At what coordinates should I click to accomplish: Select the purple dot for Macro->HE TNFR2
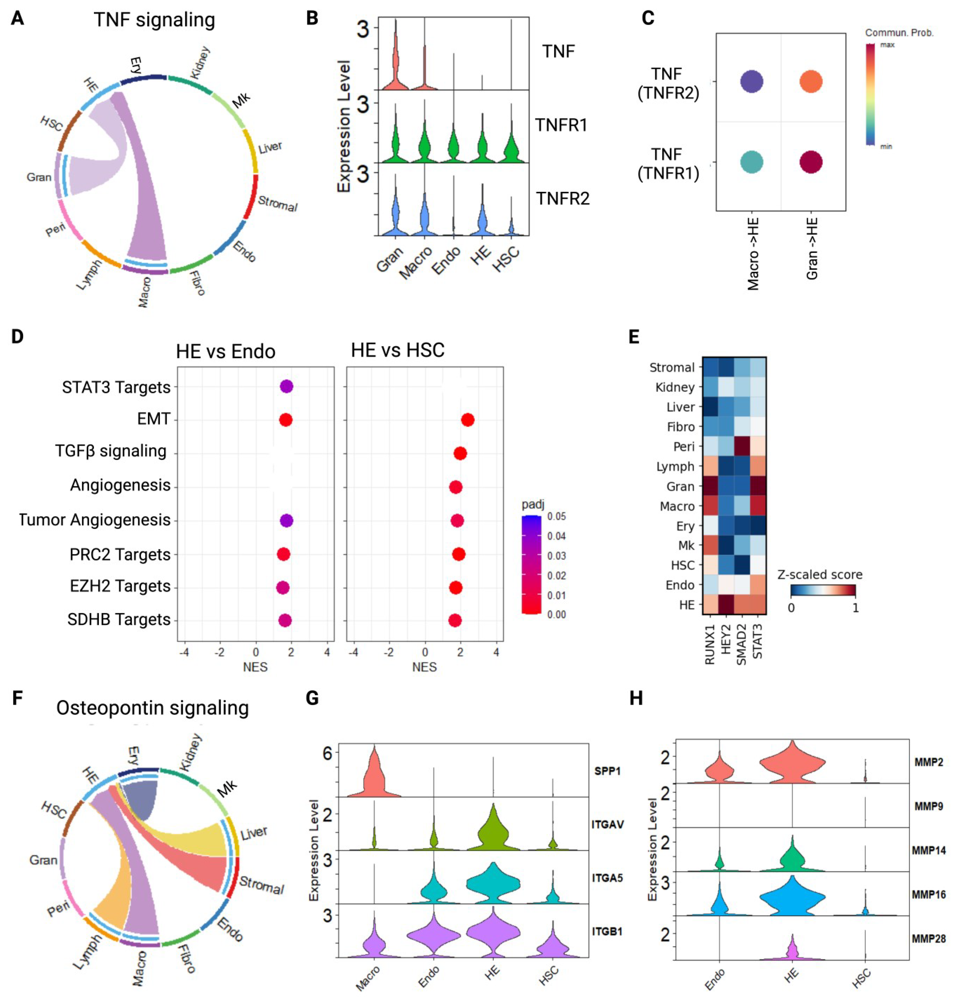pyautogui.click(x=751, y=81)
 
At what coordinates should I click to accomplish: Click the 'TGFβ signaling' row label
pyautogui.click(x=111, y=451)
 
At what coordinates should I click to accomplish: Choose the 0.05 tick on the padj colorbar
pyautogui.click(x=556, y=516)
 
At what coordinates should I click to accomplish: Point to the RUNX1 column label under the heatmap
pyautogui.click(x=710, y=647)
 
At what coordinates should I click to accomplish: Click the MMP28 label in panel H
pyautogui.click(x=928, y=939)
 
